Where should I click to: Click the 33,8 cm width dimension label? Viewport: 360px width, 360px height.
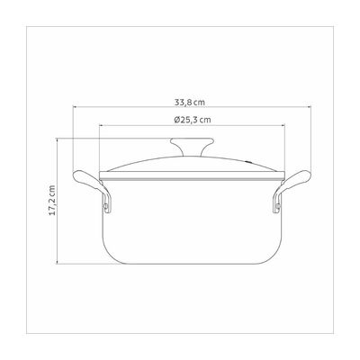click(190, 103)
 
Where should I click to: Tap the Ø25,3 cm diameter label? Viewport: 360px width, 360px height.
click(192, 120)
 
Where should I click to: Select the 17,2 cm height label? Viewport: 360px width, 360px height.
click(52, 200)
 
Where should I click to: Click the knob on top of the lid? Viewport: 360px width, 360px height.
click(192, 146)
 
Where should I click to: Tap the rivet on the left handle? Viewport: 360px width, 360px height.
click(106, 206)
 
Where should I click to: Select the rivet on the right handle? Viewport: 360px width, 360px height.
click(278, 206)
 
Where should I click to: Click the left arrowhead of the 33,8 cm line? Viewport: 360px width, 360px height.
click(75, 106)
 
